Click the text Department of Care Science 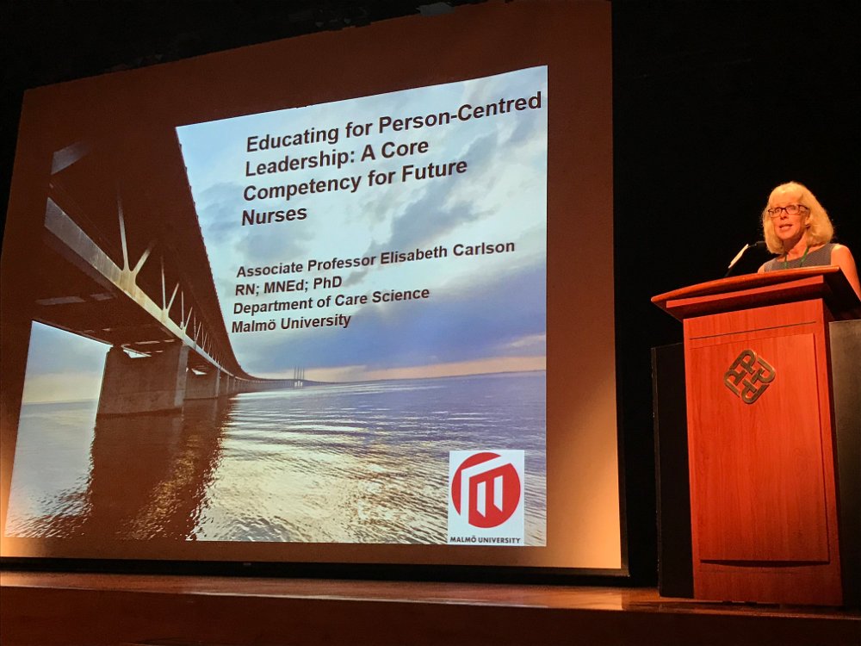(x=331, y=300)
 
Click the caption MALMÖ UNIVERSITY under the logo (x=486, y=540)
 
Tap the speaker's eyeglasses (x=788, y=210)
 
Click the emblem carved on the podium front (x=749, y=376)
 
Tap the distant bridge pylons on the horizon (x=298, y=376)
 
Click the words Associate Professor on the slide (x=306, y=264)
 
